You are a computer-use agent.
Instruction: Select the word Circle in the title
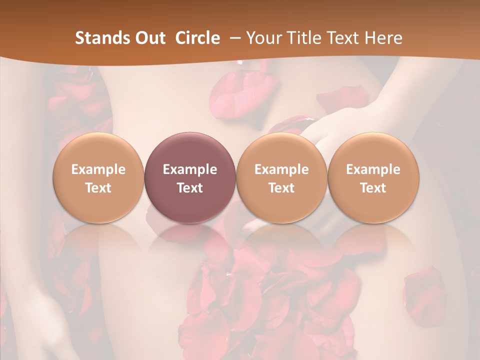tap(197, 38)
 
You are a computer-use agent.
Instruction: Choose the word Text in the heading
tap(342, 38)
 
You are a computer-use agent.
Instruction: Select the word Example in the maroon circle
tap(190, 169)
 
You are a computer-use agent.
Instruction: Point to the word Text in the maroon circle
tap(190, 188)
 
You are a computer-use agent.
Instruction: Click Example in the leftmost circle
tap(98, 169)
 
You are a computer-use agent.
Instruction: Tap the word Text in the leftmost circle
tap(98, 188)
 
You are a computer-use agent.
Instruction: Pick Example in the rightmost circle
tap(373, 169)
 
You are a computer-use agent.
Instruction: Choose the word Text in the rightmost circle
tap(373, 188)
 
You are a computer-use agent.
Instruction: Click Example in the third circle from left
tap(281, 169)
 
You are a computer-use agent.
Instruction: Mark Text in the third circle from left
tap(281, 188)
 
